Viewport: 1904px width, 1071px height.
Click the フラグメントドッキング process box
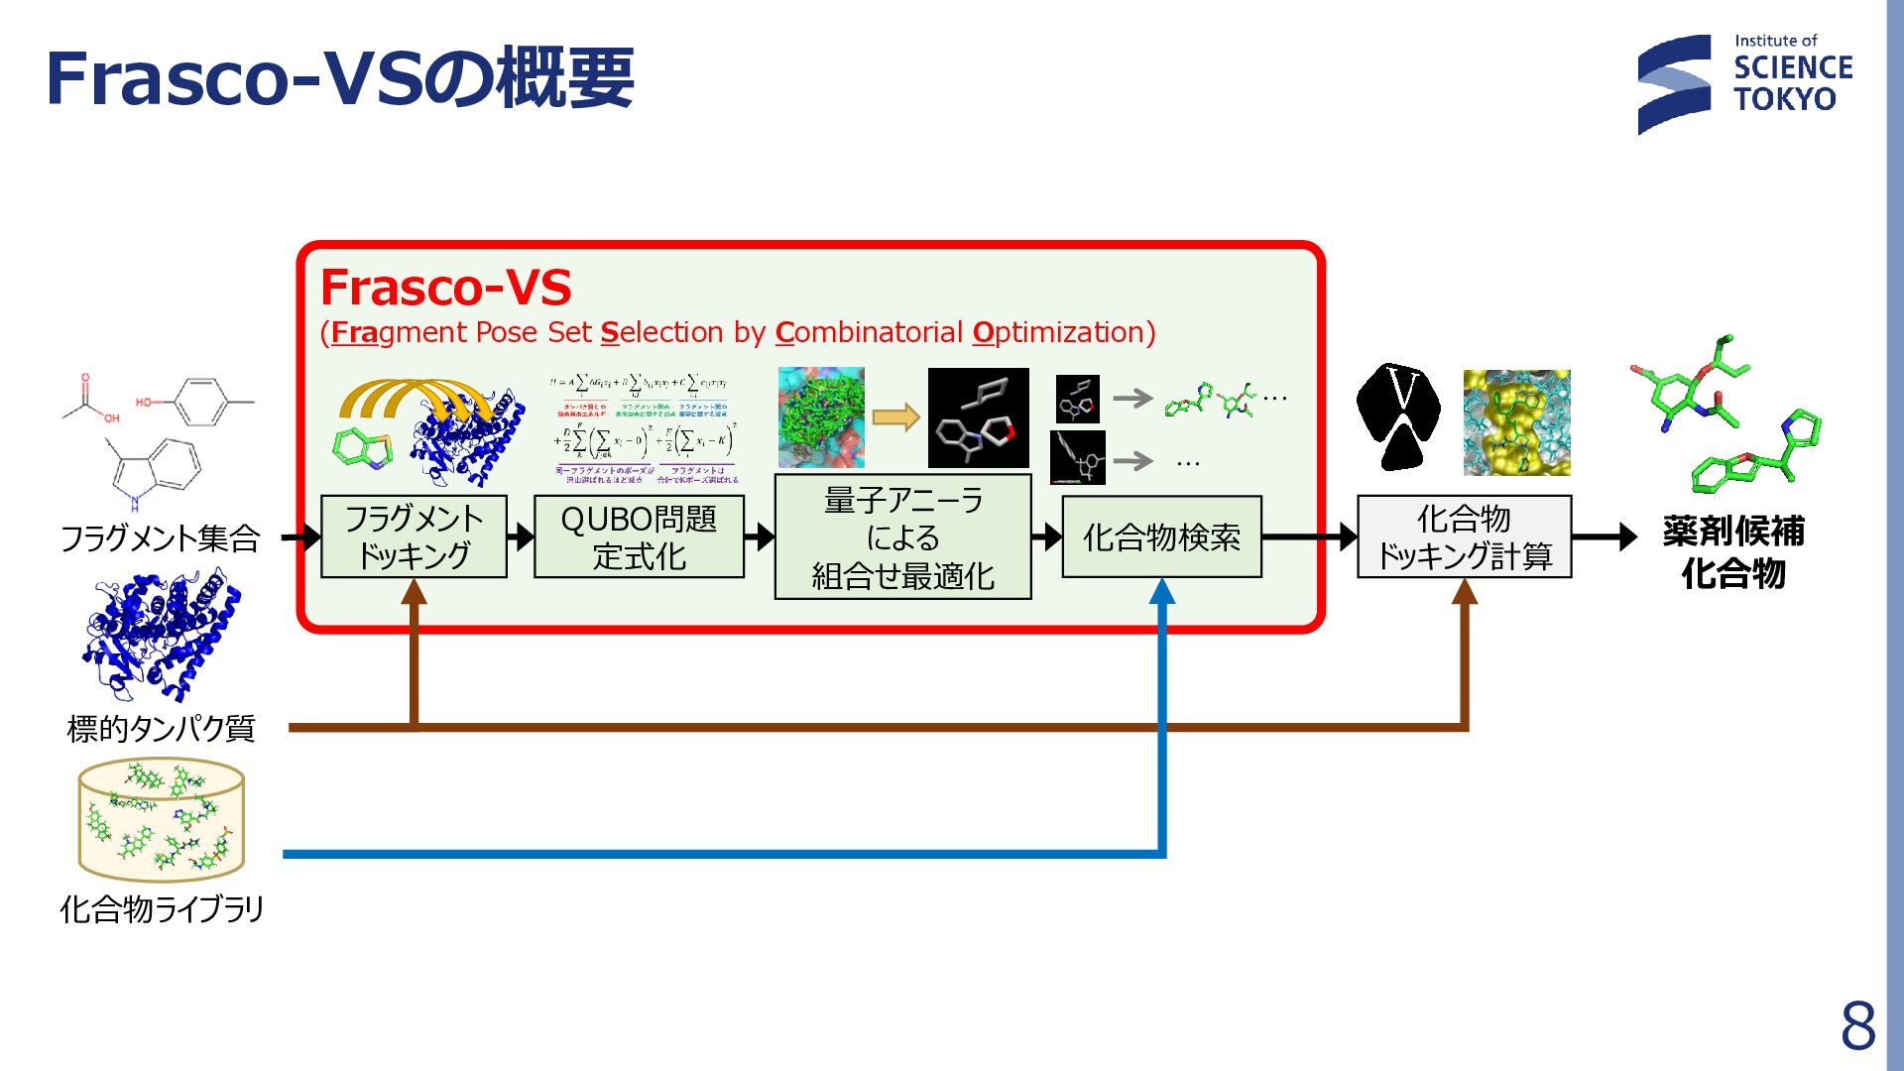[414, 536]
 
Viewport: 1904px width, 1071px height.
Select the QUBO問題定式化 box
[639, 536]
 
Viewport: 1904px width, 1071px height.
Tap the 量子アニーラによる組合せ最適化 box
[902, 536]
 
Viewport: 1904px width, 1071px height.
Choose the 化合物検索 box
[1161, 536]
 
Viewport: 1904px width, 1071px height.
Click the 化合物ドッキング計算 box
[1464, 536]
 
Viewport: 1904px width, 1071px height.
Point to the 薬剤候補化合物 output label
[1732, 551]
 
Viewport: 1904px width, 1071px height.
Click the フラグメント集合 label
[160, 538]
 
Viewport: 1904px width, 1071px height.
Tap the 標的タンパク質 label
[161, 729]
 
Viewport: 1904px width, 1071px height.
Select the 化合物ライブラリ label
[162, 908]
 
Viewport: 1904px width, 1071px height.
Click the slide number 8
[1857, 1025]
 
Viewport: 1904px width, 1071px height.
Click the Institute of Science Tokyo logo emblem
[1674, 84]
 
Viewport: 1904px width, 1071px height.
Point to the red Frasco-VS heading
[445, 288]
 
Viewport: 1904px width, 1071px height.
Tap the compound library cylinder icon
[162, 819]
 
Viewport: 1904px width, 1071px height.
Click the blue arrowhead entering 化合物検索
[1161, 592]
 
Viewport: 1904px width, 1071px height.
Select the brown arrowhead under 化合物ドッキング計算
[1464, 592]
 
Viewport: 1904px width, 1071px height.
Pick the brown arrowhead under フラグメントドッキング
[414, 592]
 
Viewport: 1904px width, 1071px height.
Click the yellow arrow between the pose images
[895, 417]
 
